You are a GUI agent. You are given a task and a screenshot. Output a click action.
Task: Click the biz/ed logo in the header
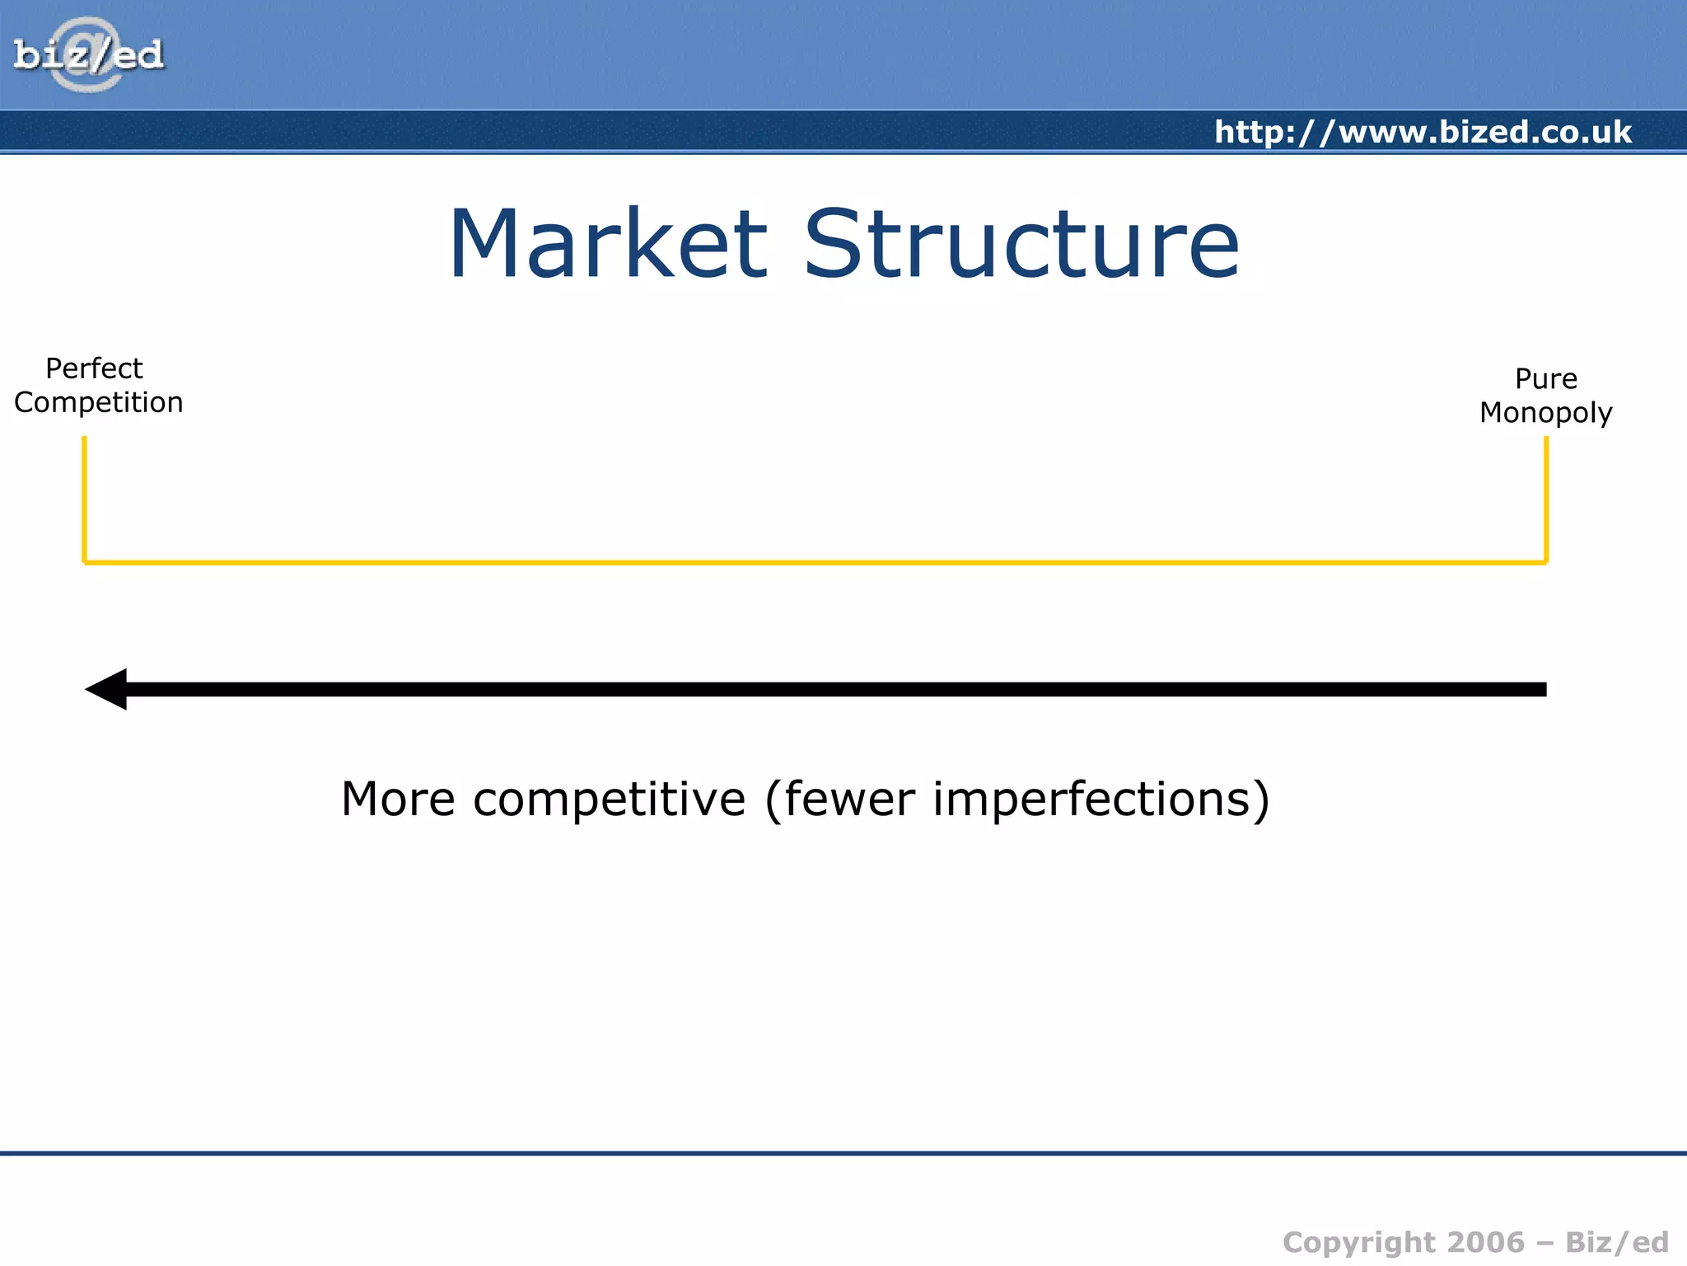(x=88, y=55)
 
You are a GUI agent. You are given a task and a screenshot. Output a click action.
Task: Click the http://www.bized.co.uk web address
(x=1423, y=132)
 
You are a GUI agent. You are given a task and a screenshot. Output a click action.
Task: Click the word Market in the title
(x=608, y=245)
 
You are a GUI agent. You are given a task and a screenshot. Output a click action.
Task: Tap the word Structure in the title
(x=1021, y=245)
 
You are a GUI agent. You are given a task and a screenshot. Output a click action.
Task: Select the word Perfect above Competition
(x=94, y=368)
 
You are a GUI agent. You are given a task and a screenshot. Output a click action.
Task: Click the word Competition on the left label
(x=99, y=403)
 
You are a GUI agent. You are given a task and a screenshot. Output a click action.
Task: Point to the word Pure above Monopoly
(x=1545, y=379)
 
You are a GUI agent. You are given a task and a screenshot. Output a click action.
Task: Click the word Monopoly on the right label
(x=1545, y=413)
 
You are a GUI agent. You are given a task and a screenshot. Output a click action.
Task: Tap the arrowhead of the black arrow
(x=108, y=689)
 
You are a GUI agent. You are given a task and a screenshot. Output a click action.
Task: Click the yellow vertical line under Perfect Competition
(x=84, y=499)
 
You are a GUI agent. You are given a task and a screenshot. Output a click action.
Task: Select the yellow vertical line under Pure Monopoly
(x=1546, y=499)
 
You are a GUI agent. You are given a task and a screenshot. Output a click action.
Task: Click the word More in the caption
(x=398, y=799)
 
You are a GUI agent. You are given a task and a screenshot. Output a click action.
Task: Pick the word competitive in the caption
(x=609, y=799)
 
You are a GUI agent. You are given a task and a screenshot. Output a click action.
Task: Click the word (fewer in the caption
(x=839, y=799)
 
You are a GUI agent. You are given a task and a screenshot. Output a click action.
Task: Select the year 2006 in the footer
(x=1485, y=1242)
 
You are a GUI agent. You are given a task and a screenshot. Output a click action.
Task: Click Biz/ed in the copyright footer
(x=1617, y=1242)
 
